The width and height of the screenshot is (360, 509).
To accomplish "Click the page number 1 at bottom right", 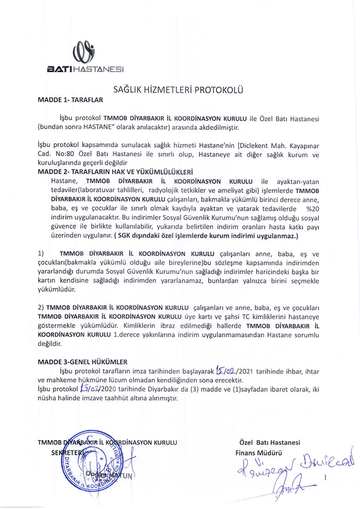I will (x=325, y=478).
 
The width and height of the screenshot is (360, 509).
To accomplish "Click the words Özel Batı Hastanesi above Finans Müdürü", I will (x=269, y=443).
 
